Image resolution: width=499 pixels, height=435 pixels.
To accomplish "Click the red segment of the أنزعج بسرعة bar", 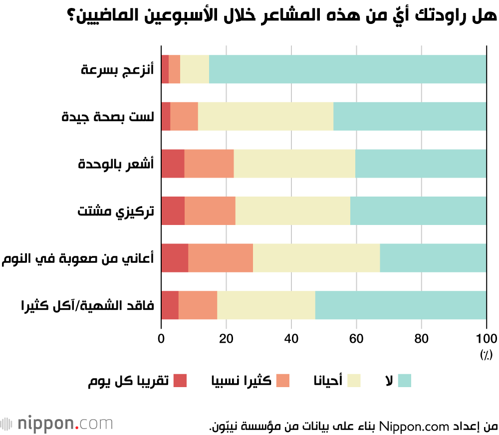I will pyautogui.click(x=165, y=69).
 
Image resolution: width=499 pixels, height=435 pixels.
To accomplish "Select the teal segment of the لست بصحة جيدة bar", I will pyautogui.click(x=410, y=116).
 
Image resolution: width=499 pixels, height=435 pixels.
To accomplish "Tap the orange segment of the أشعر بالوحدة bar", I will pyautogui.click(x=209, y=164).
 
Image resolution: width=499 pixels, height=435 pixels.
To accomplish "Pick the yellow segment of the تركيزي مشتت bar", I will pyautogui.click(x=292, y=211).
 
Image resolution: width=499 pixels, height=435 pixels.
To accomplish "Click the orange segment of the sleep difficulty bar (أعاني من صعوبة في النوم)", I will pyautogui.click(x=221, y=258).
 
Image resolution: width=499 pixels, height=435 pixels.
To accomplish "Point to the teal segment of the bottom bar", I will pyautogui.click(x=401, y=305).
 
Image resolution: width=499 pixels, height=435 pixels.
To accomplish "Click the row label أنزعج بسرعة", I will pyautogui.click(x=117, y=70).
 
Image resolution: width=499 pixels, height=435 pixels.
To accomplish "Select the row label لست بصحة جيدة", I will pyautogui.click(x=108, y=117).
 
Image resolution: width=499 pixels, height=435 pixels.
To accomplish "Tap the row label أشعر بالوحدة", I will pyautogui.click(x=116, y=164).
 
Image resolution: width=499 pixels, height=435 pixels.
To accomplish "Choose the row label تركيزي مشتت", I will pyautogui.click(x=115, y=211).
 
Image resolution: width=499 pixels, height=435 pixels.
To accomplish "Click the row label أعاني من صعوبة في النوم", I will pyautogui.click(x=78, y=258).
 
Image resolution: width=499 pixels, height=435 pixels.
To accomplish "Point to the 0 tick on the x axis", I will pyautogui.click(x=161, y=338).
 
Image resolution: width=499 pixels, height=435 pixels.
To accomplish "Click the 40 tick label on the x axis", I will pyautogui.click(x=291, y=338).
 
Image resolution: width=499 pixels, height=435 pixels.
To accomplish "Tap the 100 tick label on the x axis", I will pyautogui.click(x=486, y=338).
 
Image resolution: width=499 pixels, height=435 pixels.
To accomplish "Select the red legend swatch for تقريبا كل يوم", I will pyautogui.click(x=180, y=381).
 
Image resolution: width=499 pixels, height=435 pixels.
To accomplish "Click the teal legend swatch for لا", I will pyautogui.click(x=404, y=381).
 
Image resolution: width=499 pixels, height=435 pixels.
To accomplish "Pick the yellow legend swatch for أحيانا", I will pyautogui.click(x=354, y=381).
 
